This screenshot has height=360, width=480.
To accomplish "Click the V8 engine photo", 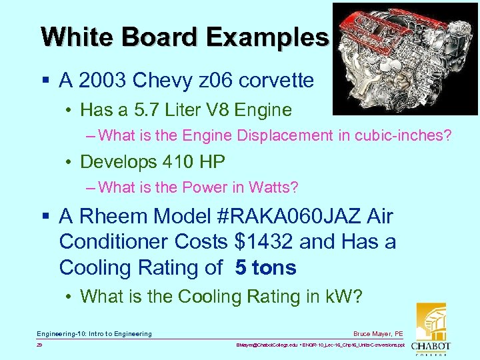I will [x=405, y=59].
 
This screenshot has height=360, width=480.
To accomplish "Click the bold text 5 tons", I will [x=265, y=268].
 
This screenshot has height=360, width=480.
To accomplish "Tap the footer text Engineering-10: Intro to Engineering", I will [x=94, y=333].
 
